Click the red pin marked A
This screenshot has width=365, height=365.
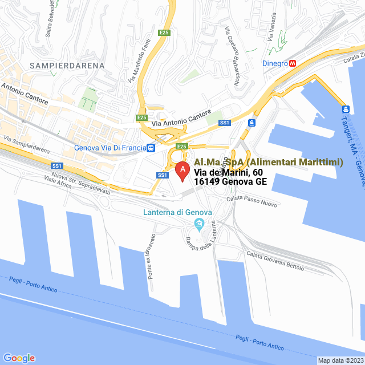coord(182,171)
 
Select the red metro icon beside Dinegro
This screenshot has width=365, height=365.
coord(293,63)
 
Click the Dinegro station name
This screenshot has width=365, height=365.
coord(275,63)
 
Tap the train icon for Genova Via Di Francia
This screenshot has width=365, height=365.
coord(151,148)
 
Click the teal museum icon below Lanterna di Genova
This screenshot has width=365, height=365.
coord(199,222)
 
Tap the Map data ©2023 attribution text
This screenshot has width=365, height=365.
coord(340,360)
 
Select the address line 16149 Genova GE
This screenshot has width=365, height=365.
coord(230,182)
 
